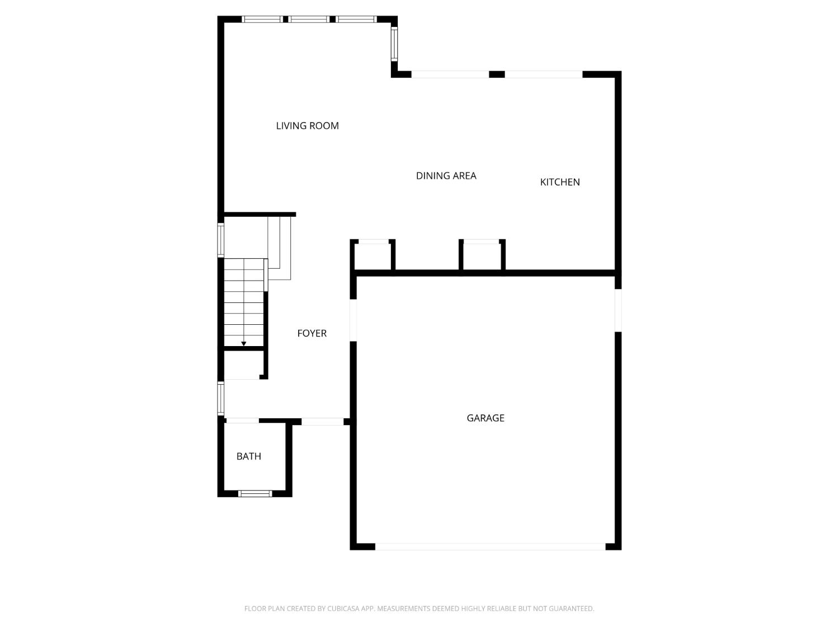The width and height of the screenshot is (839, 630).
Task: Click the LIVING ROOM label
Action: coord(307,126)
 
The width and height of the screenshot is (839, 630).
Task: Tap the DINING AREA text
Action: coord(446,176)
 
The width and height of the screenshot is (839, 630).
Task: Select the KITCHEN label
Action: coord(559,182)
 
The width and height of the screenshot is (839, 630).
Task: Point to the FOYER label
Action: coord(312,333)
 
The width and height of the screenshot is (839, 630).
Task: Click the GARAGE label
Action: coord(485,418)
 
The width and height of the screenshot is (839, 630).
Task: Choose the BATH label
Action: coord(248,456)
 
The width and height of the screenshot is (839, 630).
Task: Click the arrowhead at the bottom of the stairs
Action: coord(244,343)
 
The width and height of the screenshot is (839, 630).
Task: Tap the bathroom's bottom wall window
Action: coord(255,493)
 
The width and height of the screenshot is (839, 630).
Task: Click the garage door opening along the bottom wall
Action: coord(490,546)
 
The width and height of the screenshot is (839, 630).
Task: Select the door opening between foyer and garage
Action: coord(353,320)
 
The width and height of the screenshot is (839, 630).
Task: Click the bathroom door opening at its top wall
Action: coord(242,421)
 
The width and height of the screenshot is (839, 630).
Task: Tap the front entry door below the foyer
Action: coord(322,422)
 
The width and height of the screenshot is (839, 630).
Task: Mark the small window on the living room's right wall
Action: coord(394,44)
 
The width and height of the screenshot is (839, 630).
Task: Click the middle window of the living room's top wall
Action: coord(309,19)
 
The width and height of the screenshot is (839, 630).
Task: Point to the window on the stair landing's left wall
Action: coord(221,240)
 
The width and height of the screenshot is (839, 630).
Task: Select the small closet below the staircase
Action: coord(242,365)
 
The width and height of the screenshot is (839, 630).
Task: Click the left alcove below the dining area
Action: coord(373,256)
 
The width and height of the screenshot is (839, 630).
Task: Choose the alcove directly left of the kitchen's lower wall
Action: coord(482,256)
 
